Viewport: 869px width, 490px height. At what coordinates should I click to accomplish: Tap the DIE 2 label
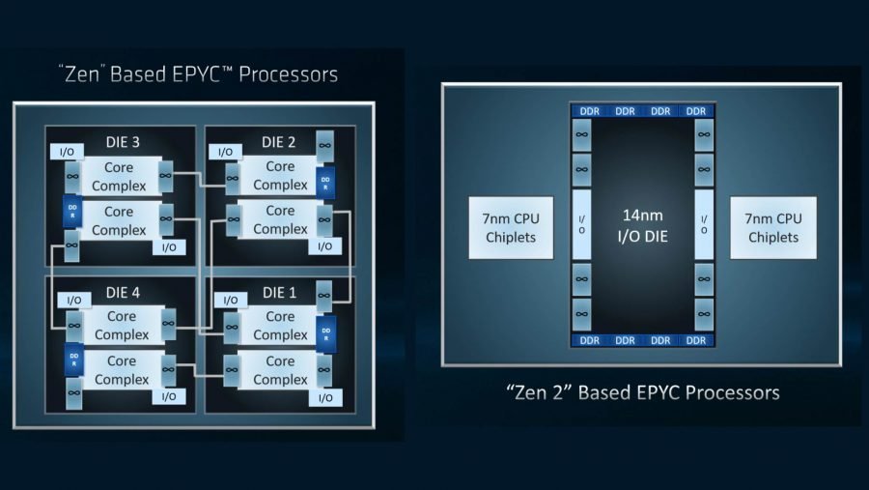pos(279,142)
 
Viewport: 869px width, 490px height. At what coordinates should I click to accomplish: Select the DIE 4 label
pos(122,291)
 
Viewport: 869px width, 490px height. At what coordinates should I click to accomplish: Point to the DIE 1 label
pos(279,291)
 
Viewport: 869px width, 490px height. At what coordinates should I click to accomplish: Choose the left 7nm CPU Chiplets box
pos(511,228)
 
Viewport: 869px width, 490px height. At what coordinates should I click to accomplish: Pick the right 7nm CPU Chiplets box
pos(772,228)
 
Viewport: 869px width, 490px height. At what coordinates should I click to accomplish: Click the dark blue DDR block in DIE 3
pos(70,210)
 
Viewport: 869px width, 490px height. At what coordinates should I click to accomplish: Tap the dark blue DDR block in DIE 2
pos(326,182)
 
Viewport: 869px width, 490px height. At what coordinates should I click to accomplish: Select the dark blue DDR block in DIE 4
pos(70,360)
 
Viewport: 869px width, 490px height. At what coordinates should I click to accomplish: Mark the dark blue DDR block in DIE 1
pos(326,331)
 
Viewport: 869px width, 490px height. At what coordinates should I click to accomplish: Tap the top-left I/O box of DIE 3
pos(68,152)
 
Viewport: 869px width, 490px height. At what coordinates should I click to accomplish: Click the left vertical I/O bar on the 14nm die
pos(581,224)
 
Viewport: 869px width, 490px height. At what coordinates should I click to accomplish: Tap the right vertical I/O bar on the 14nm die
pos(702,224)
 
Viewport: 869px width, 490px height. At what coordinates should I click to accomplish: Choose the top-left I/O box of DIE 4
pos(72,301)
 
